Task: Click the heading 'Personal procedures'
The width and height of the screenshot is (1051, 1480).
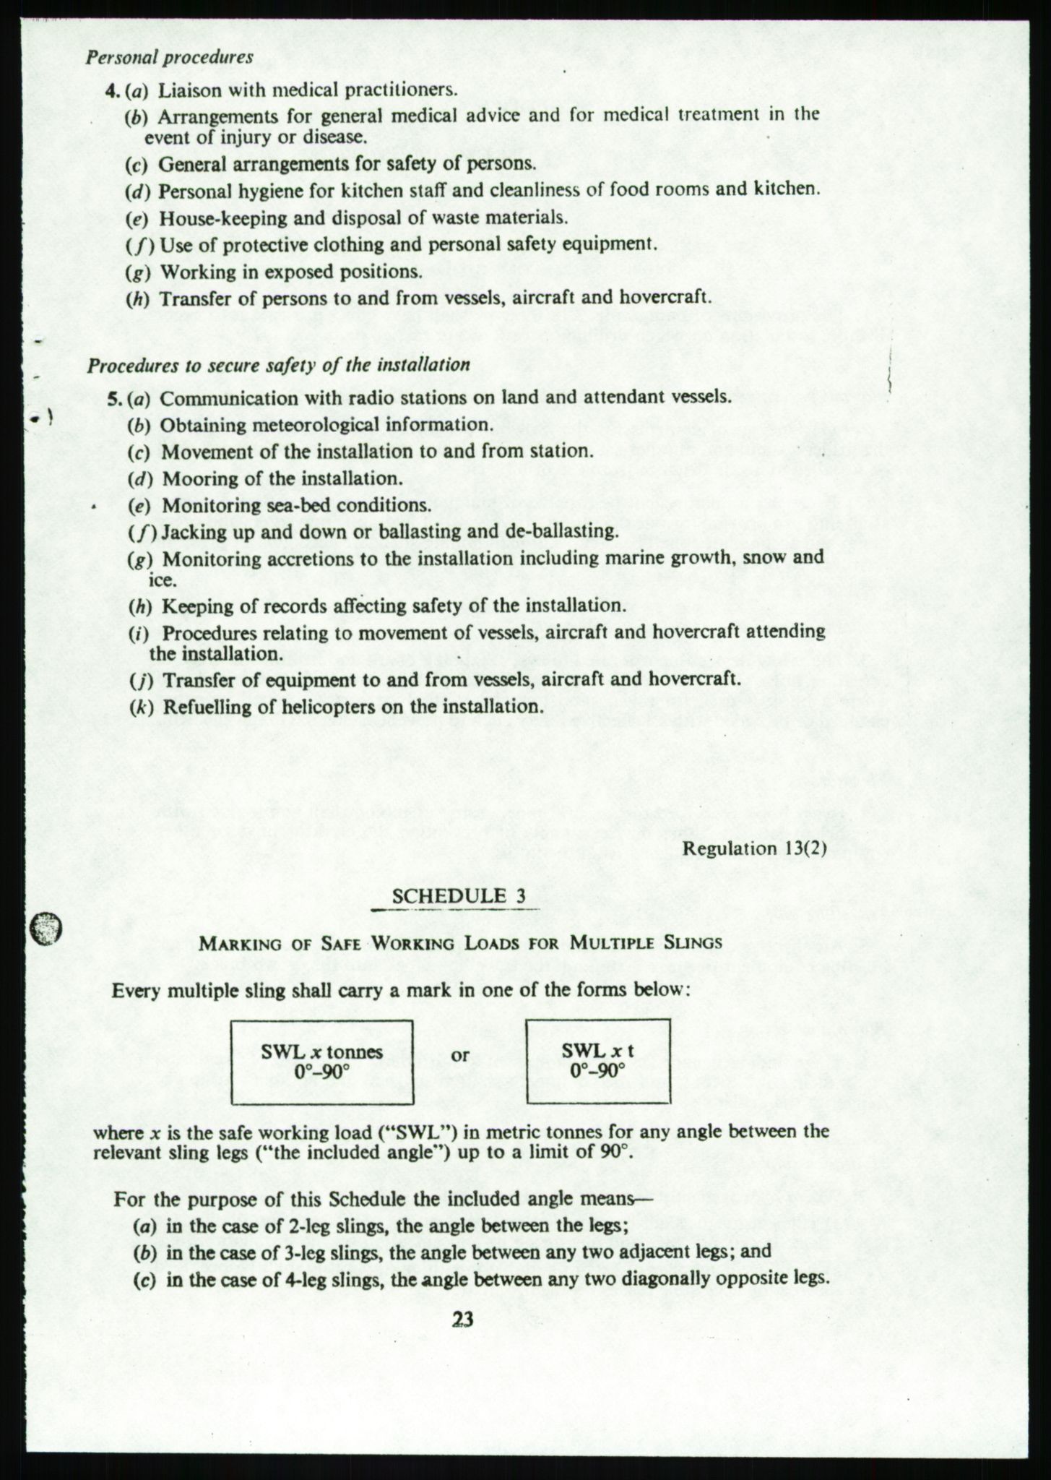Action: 169,58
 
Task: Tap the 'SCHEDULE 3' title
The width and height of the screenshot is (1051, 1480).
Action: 458,896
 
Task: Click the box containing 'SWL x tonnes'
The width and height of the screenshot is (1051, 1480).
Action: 322,1062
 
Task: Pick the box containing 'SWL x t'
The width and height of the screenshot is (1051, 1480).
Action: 598,1062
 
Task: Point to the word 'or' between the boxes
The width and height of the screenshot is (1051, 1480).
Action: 460,1055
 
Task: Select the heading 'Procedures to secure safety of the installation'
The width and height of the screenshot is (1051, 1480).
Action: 279,365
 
